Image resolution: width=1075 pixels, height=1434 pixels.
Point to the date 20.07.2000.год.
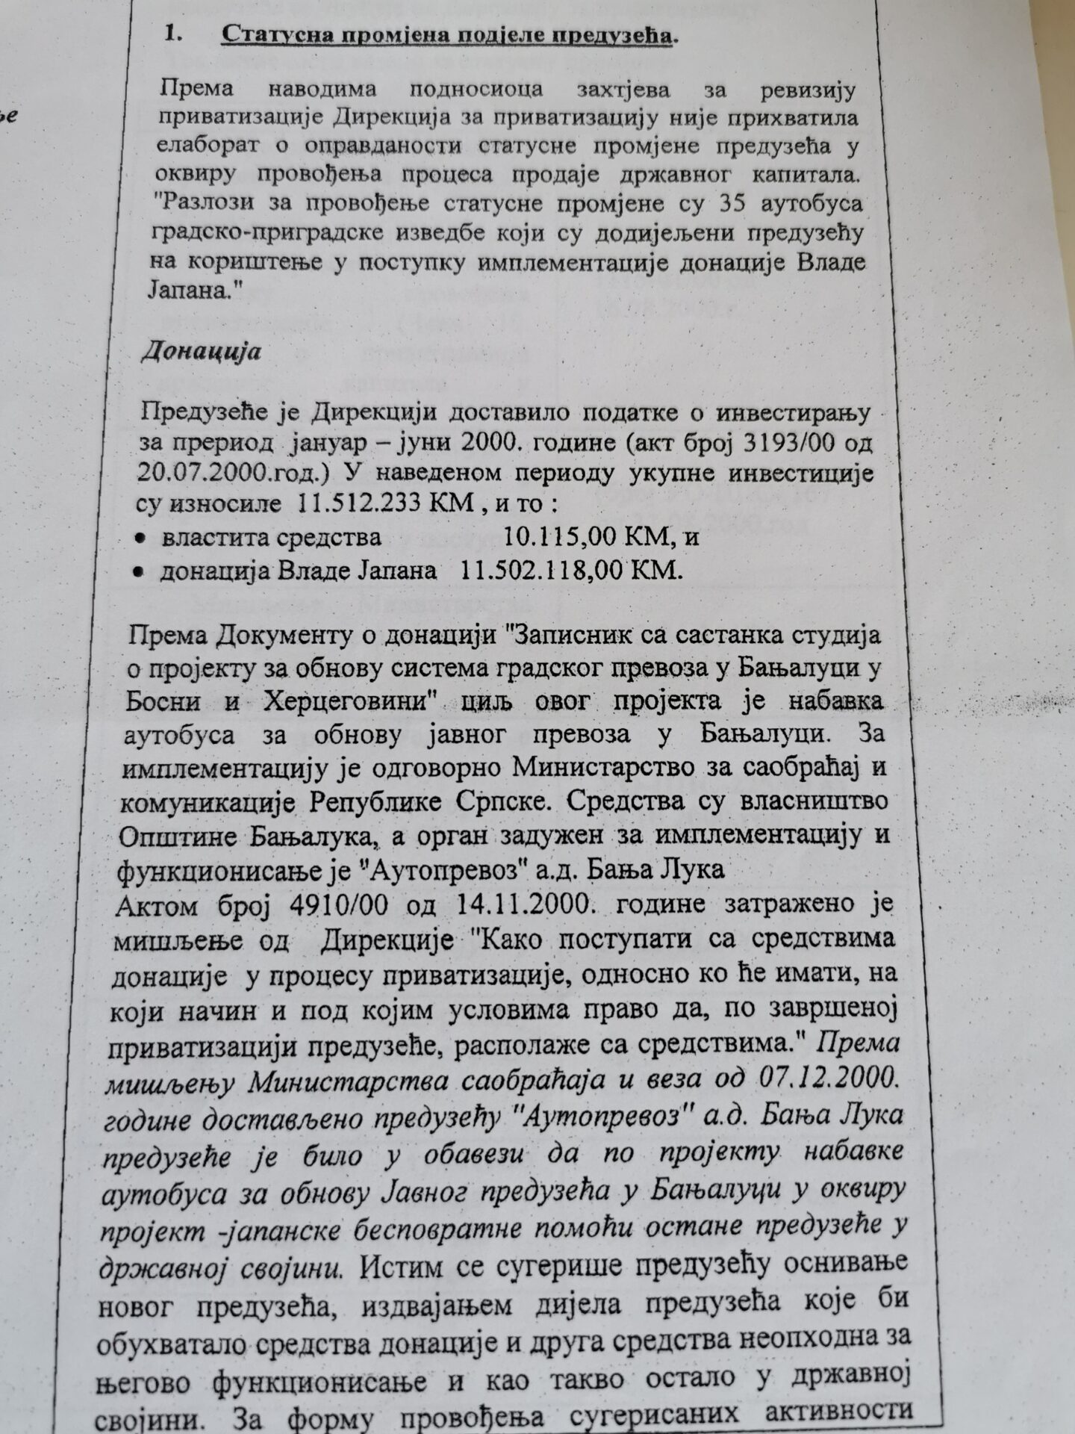[216, 474]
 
